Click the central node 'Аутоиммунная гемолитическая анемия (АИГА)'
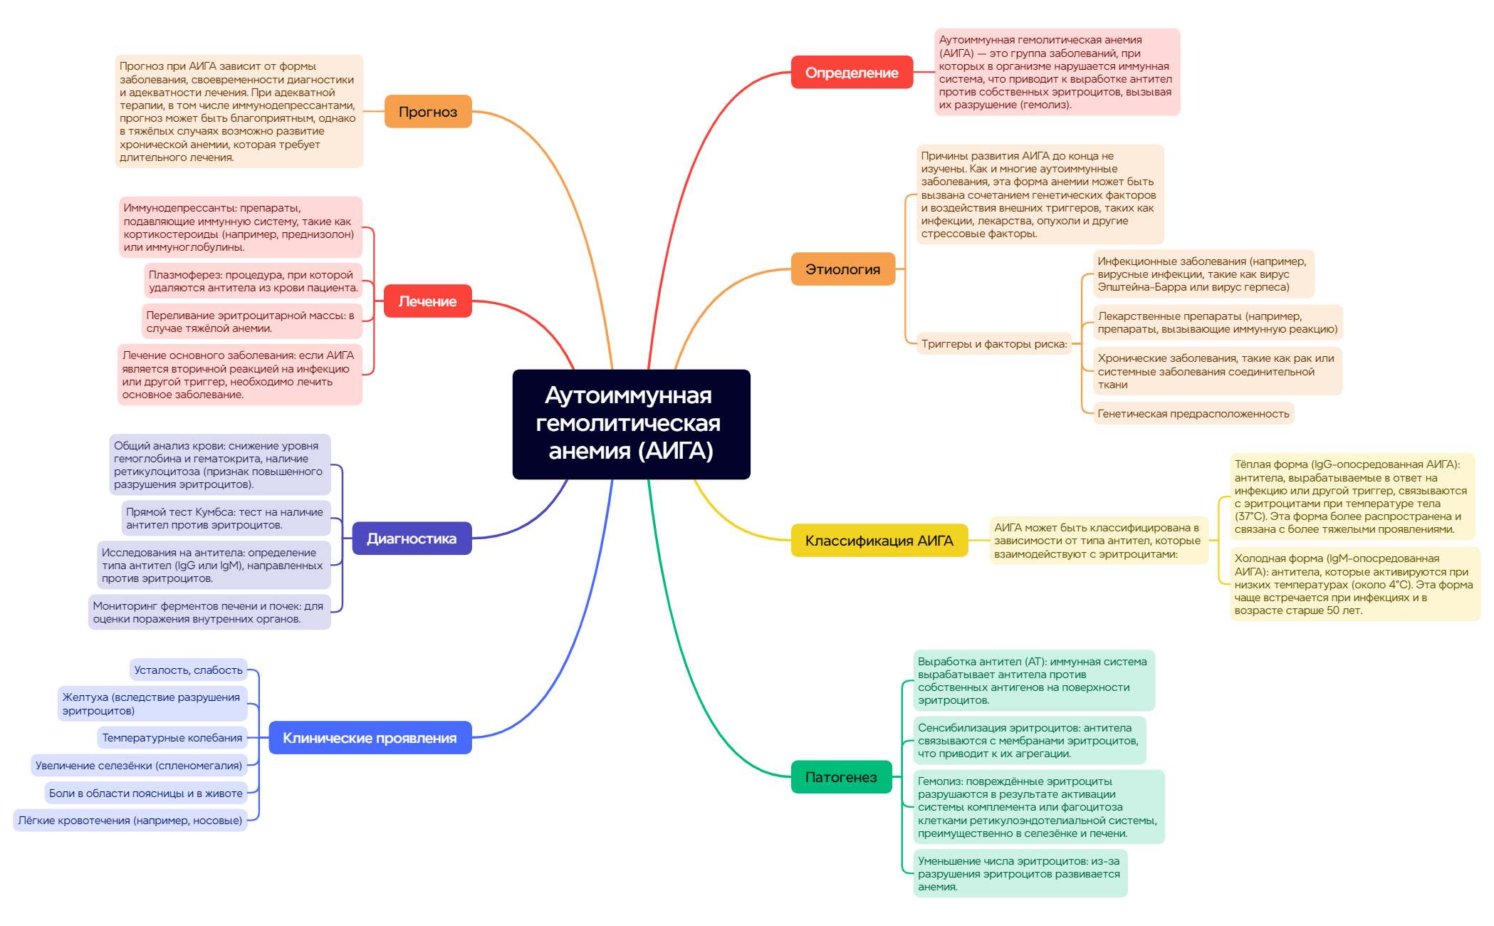631,424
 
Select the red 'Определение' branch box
852,73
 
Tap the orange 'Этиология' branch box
842,269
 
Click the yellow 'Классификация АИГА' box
879,541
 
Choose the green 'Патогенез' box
841,777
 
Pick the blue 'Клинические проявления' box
370,738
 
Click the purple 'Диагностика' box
412,539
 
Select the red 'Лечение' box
427,301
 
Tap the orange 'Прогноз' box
428,112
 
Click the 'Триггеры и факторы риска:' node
994,344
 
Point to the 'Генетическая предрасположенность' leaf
1193,414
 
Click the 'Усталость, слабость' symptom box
189,670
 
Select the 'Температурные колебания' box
172,738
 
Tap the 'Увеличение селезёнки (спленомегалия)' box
139,766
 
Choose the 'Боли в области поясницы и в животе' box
146,794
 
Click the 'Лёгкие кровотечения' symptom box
130,821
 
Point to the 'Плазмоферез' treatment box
254,281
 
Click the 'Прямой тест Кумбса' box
225,519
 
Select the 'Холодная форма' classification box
1353,584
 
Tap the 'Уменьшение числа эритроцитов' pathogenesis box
1019,874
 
